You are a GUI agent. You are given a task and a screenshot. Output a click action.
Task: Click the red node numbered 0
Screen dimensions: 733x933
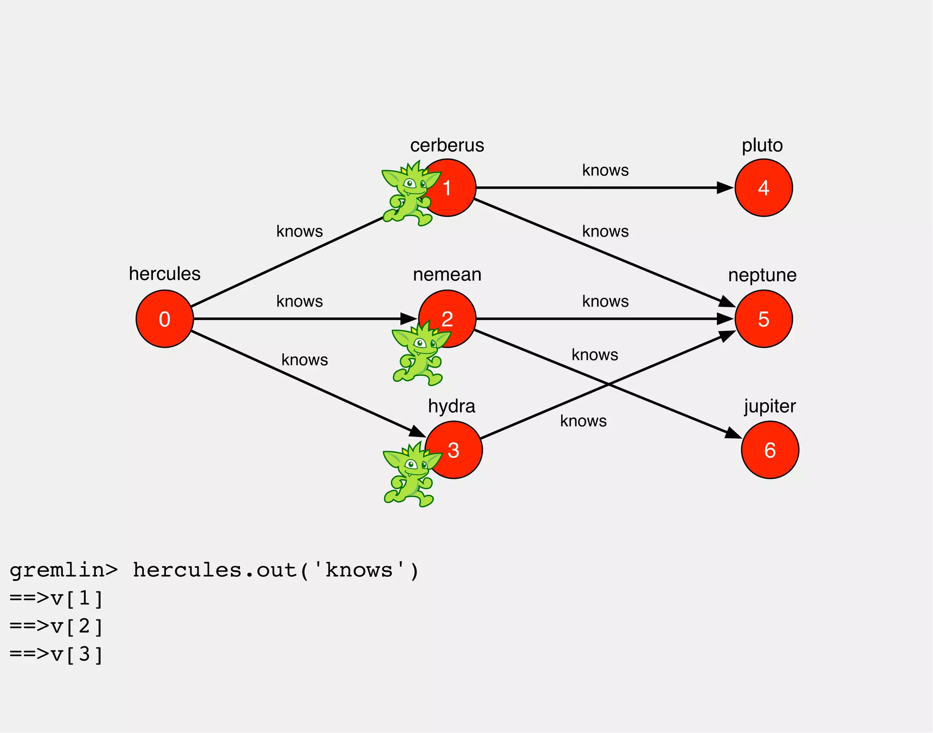(164, 319)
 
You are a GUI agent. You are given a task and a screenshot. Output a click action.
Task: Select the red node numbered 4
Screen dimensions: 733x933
(764, 188)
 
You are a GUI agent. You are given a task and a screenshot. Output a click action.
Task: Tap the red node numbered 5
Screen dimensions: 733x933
(764, 319)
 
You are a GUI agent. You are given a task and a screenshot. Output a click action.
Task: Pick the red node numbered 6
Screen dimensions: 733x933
(770, 450)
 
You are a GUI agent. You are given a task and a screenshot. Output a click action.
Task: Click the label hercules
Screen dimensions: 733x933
(164, 274)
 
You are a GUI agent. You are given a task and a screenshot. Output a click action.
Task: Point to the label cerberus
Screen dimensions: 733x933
(447, 145)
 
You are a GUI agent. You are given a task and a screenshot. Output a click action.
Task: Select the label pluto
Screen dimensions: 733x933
(762, 145)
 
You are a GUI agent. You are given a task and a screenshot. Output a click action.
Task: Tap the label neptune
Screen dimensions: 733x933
(762, 275)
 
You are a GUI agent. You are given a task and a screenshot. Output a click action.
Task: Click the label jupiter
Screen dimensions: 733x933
(770, 406)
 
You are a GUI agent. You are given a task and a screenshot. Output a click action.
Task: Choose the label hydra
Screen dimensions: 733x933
(451, 406)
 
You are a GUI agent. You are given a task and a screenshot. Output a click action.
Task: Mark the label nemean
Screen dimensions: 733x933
(447, 275)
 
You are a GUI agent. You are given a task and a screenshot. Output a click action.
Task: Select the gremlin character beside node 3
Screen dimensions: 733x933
(410, 476)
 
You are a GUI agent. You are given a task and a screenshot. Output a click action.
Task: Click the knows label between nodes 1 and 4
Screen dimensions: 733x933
(605, 170)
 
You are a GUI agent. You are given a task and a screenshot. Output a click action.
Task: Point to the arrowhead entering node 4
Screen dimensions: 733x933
(724, 188)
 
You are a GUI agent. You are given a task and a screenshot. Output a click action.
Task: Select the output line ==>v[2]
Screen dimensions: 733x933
(56, 627)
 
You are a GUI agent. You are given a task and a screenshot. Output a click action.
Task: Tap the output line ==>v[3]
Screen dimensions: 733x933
(56, 655)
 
